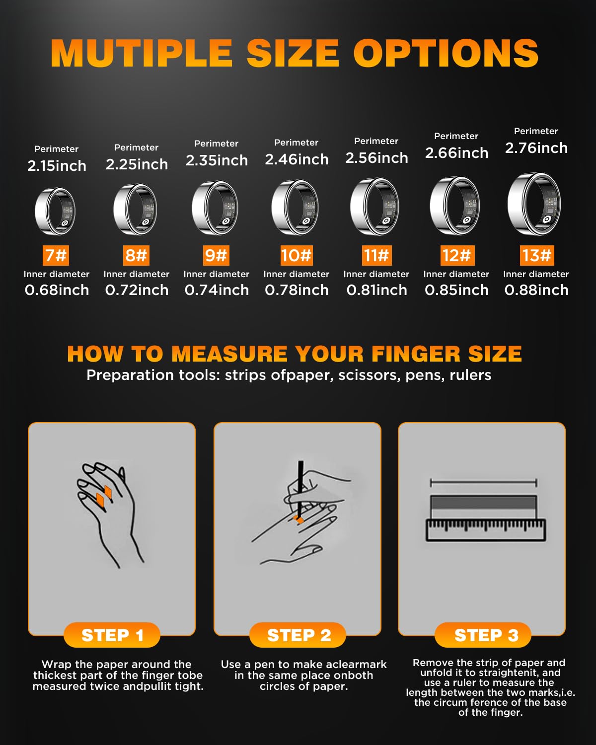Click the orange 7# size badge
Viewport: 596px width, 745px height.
(x=56, y=255)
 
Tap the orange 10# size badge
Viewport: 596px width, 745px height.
(x=297, y=255)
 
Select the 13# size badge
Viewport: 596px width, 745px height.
(x=536, y=255)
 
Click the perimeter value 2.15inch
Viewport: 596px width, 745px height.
(x=57, y=166)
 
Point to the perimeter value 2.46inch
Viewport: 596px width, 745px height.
(x=297, y=159)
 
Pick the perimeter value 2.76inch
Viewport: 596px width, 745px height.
(x=536, y=148)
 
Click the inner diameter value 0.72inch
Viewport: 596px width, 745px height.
(x=137, y=290)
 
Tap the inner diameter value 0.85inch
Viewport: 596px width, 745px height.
(x=456, y=290)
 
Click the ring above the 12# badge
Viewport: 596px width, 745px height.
(x=455, y=206)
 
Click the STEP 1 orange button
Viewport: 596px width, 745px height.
(x=112, y=635)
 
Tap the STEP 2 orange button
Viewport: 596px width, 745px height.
(x=298, y=635)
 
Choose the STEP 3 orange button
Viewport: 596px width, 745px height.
(x=483, y=635)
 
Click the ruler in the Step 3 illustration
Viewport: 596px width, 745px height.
(x=486, y=530)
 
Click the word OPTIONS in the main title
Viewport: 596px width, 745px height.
(x=446, y=53)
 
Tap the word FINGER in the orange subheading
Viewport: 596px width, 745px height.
(x=416, y=354)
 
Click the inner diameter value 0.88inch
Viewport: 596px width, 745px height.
(x=536, y=290)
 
